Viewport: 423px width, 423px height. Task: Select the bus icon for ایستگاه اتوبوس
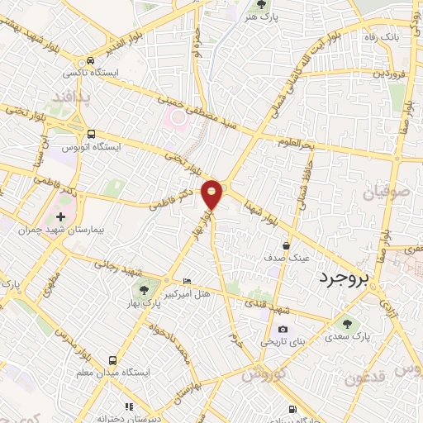[x=91, y=133]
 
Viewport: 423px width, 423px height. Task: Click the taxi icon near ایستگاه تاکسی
[x=88, y=60]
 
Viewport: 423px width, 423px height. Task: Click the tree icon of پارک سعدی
[x=344, y=324]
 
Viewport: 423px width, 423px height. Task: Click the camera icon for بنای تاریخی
[x=283, y=330]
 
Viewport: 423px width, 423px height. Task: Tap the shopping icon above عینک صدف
[x=287, y=245]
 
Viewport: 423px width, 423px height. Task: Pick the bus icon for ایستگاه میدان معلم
[x=112, y=360]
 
